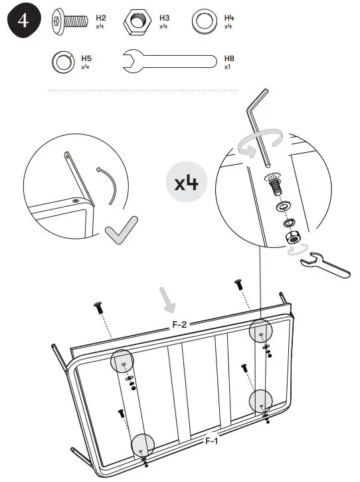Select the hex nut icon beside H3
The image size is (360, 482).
point(137,21)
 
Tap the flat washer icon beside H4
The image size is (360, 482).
point(204,21)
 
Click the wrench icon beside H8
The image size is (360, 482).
point(169,62)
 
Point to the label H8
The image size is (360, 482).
point(229,59)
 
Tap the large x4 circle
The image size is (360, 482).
point(187,182)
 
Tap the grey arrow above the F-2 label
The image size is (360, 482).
point(168,299)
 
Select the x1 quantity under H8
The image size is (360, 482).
point(228,66)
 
